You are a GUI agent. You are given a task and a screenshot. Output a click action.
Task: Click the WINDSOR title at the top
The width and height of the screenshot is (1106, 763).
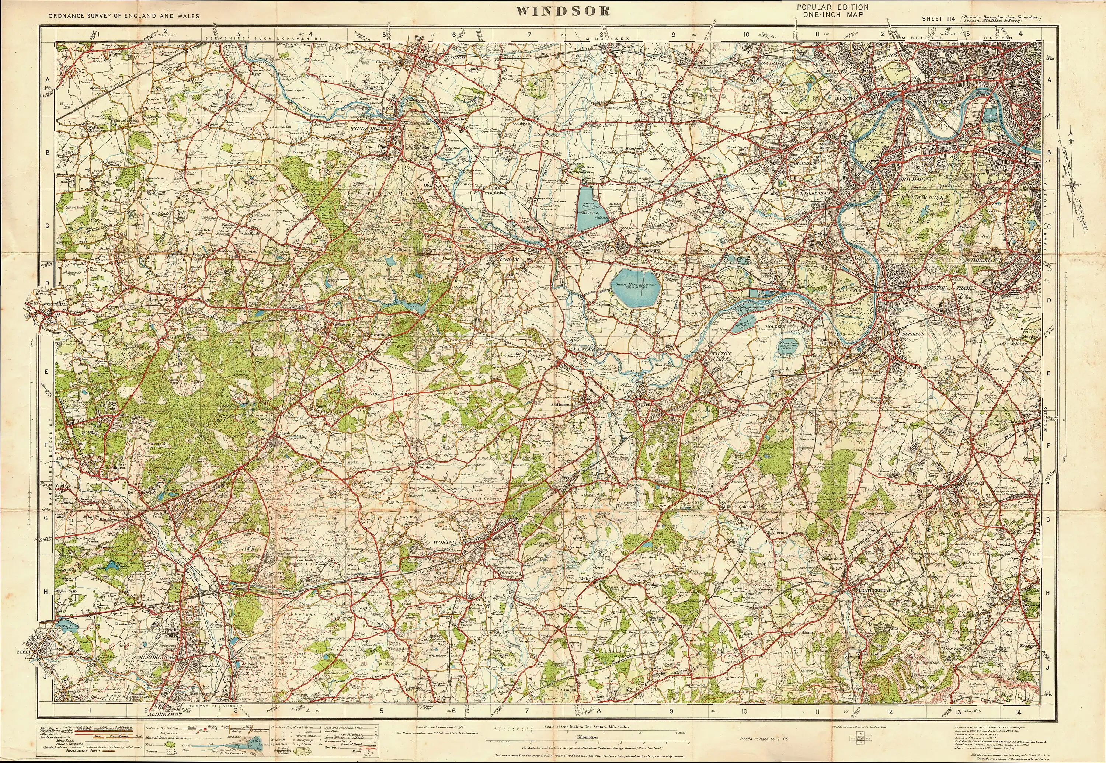(x=563, y=11)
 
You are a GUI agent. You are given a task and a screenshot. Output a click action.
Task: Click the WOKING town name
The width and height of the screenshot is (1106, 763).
(x=446, y=542)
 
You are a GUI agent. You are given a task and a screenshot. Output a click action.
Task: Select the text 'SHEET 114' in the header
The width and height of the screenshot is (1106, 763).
(x=938, y=19)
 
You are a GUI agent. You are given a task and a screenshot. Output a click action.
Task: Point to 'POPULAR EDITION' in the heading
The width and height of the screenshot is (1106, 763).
(x=832, y=7)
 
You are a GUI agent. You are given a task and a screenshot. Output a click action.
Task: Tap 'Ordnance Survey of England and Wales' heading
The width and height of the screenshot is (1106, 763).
(x=124, y=16)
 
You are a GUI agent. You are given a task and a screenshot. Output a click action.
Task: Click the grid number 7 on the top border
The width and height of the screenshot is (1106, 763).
(x=529, y=34)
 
